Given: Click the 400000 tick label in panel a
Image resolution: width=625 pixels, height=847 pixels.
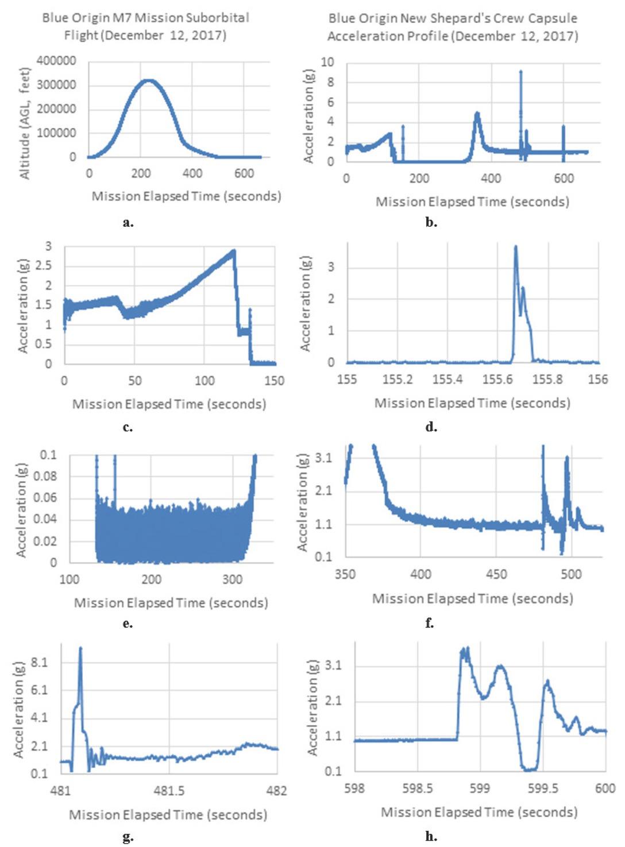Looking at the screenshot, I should [56, 61].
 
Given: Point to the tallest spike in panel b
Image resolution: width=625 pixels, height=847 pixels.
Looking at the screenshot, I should [520, 72].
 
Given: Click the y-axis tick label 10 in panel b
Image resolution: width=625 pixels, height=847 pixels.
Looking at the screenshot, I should [327, 62].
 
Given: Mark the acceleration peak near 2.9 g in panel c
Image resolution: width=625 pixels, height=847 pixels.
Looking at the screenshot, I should [233, 251].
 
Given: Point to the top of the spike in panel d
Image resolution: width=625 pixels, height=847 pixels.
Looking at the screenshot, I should [515, 247].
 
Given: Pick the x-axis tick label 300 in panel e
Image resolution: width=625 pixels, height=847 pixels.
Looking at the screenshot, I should [233, 579].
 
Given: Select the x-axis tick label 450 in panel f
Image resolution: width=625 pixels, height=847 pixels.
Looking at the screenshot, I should [496, 574].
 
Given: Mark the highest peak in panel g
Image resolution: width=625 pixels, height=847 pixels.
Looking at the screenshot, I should [80, 648].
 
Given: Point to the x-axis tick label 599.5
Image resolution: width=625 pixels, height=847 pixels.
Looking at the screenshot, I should [543, 788].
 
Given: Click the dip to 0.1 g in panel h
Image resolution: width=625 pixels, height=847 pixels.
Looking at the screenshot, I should [529, 769].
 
